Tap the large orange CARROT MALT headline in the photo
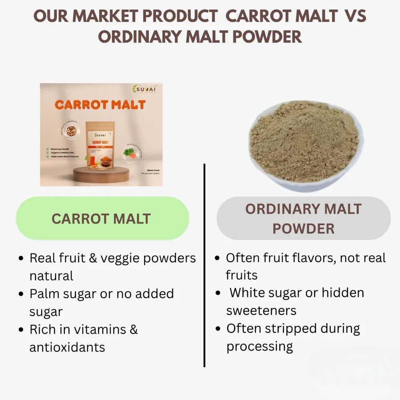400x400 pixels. tap(100, 105)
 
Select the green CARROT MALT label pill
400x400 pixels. tap(102, 218)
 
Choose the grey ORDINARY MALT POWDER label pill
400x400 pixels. tap(303, 218)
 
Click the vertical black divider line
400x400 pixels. tap(204, 264)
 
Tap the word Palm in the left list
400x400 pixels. tap(45, 294)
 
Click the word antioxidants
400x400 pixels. tap(67, 347)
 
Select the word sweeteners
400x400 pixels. tap(261, 310)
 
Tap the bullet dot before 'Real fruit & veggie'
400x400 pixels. tap(21, 259)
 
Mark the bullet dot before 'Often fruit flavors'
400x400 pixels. tap(217, 258)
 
